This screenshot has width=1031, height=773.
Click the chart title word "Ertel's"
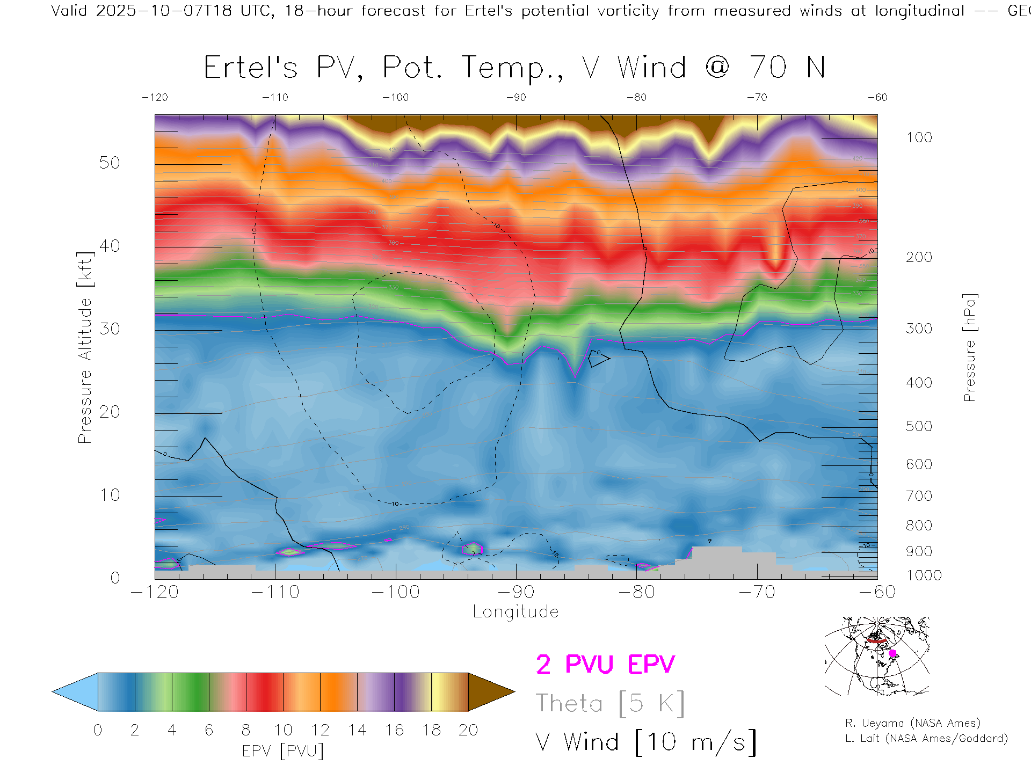(x=250, y=68)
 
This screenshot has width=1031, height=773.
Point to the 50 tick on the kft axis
(x=110, y=163)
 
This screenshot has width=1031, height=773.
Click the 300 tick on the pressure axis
(x=919, y=329)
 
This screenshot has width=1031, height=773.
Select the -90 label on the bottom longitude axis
(x=516, y=592)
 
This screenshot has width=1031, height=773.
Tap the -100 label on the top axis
(x=396, y=98)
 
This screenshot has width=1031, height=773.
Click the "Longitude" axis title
(x=515, y=612)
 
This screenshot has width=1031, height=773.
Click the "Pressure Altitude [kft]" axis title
(x=85, y=347)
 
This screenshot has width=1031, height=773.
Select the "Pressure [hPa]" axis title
(x=969, y=347)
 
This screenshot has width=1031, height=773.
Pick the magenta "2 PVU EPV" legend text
(x=605, y=665)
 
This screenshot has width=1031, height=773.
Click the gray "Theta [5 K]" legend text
(x=610, y=703)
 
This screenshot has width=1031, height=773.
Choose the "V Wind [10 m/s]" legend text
(x=645, y=742)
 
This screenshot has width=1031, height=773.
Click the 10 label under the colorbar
(x=283, y=730)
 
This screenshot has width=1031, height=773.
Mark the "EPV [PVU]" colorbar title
(x=283, y=751)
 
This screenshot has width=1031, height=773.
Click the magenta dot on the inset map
(x=892, y=653)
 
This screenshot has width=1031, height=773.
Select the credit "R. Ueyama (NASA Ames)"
(x=913, y=723)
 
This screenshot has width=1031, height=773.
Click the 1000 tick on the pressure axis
(x=924, y=575)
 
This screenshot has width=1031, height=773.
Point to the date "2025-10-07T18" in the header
(x=164, y=11)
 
